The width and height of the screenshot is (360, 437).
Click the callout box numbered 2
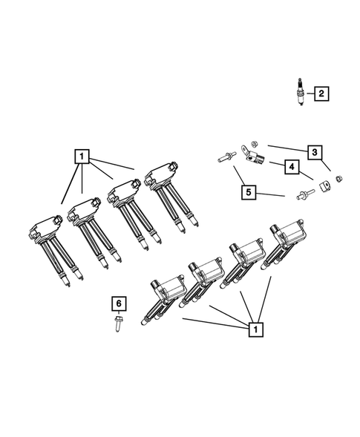[x=321, y=93]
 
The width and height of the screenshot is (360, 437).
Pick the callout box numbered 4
[x=292, y=168]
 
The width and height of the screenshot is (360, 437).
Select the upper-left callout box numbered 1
[x=81, y=157]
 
